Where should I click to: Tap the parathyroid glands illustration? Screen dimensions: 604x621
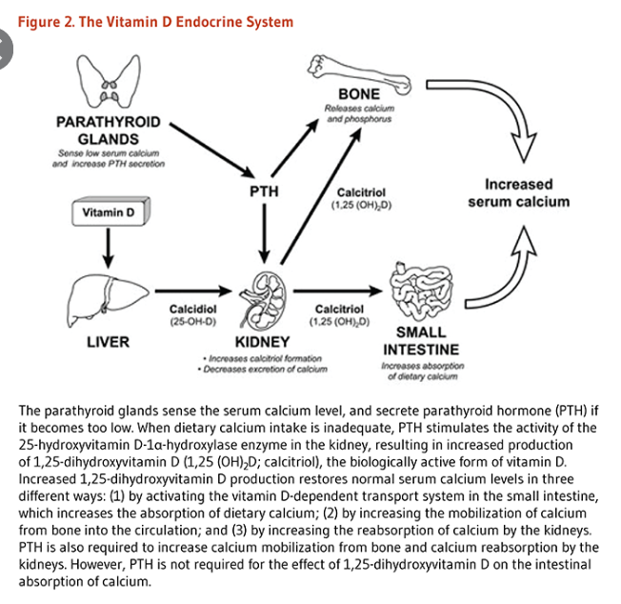[x=108, y=80]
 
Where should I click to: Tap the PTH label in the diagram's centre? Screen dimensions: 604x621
[x=264, y=191]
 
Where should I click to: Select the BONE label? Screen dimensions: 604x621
[x=359, y=94]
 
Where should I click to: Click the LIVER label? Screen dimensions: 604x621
[x=108, y=342]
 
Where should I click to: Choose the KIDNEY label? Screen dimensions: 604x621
[x=262, y=342]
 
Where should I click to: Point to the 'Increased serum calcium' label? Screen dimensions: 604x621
[x=518, y=192]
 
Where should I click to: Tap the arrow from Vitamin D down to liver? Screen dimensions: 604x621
[x=108, y=248]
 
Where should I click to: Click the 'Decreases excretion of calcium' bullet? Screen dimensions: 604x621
[x=261, y=369]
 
